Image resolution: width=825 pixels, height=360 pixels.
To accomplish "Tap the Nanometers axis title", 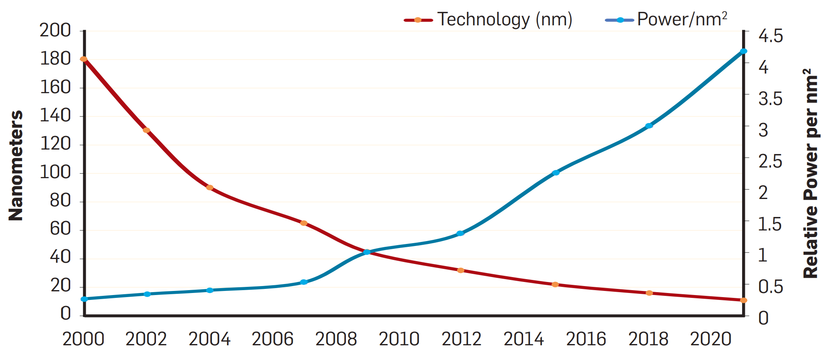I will tap(16, 165).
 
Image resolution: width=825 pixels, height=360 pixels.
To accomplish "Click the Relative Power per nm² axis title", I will tap(810, 174).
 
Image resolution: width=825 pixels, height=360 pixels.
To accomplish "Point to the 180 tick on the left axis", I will tap(55, 59).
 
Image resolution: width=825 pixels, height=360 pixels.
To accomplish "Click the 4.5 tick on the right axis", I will tap(771, 36).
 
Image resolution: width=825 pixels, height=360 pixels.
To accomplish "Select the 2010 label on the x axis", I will tap(399, 339).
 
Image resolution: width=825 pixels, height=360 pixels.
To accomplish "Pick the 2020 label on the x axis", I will tap(710, 339).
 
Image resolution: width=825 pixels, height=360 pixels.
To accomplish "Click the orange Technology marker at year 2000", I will tap(83, 59).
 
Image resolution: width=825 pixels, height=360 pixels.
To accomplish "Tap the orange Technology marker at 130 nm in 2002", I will tap(146, 130).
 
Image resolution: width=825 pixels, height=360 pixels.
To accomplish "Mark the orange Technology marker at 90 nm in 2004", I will tap(210, 188).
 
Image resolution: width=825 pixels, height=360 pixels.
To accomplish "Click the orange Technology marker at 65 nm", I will tap(304, 223).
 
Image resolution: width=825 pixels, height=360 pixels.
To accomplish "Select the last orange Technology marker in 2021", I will tap(743, 300).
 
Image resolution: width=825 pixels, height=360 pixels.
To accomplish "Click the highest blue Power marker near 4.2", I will tap(743, 51).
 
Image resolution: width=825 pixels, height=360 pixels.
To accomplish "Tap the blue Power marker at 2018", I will tap(649, 126).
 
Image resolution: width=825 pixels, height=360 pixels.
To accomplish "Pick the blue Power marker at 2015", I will tap(555, 173).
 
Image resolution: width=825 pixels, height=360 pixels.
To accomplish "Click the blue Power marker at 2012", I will tap(460, 233).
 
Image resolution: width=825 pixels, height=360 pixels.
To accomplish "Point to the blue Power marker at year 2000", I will tap(84, 299).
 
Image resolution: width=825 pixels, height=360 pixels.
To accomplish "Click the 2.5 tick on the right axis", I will tap(770, 161).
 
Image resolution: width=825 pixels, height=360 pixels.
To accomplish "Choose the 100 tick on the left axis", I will tap(55, 172).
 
